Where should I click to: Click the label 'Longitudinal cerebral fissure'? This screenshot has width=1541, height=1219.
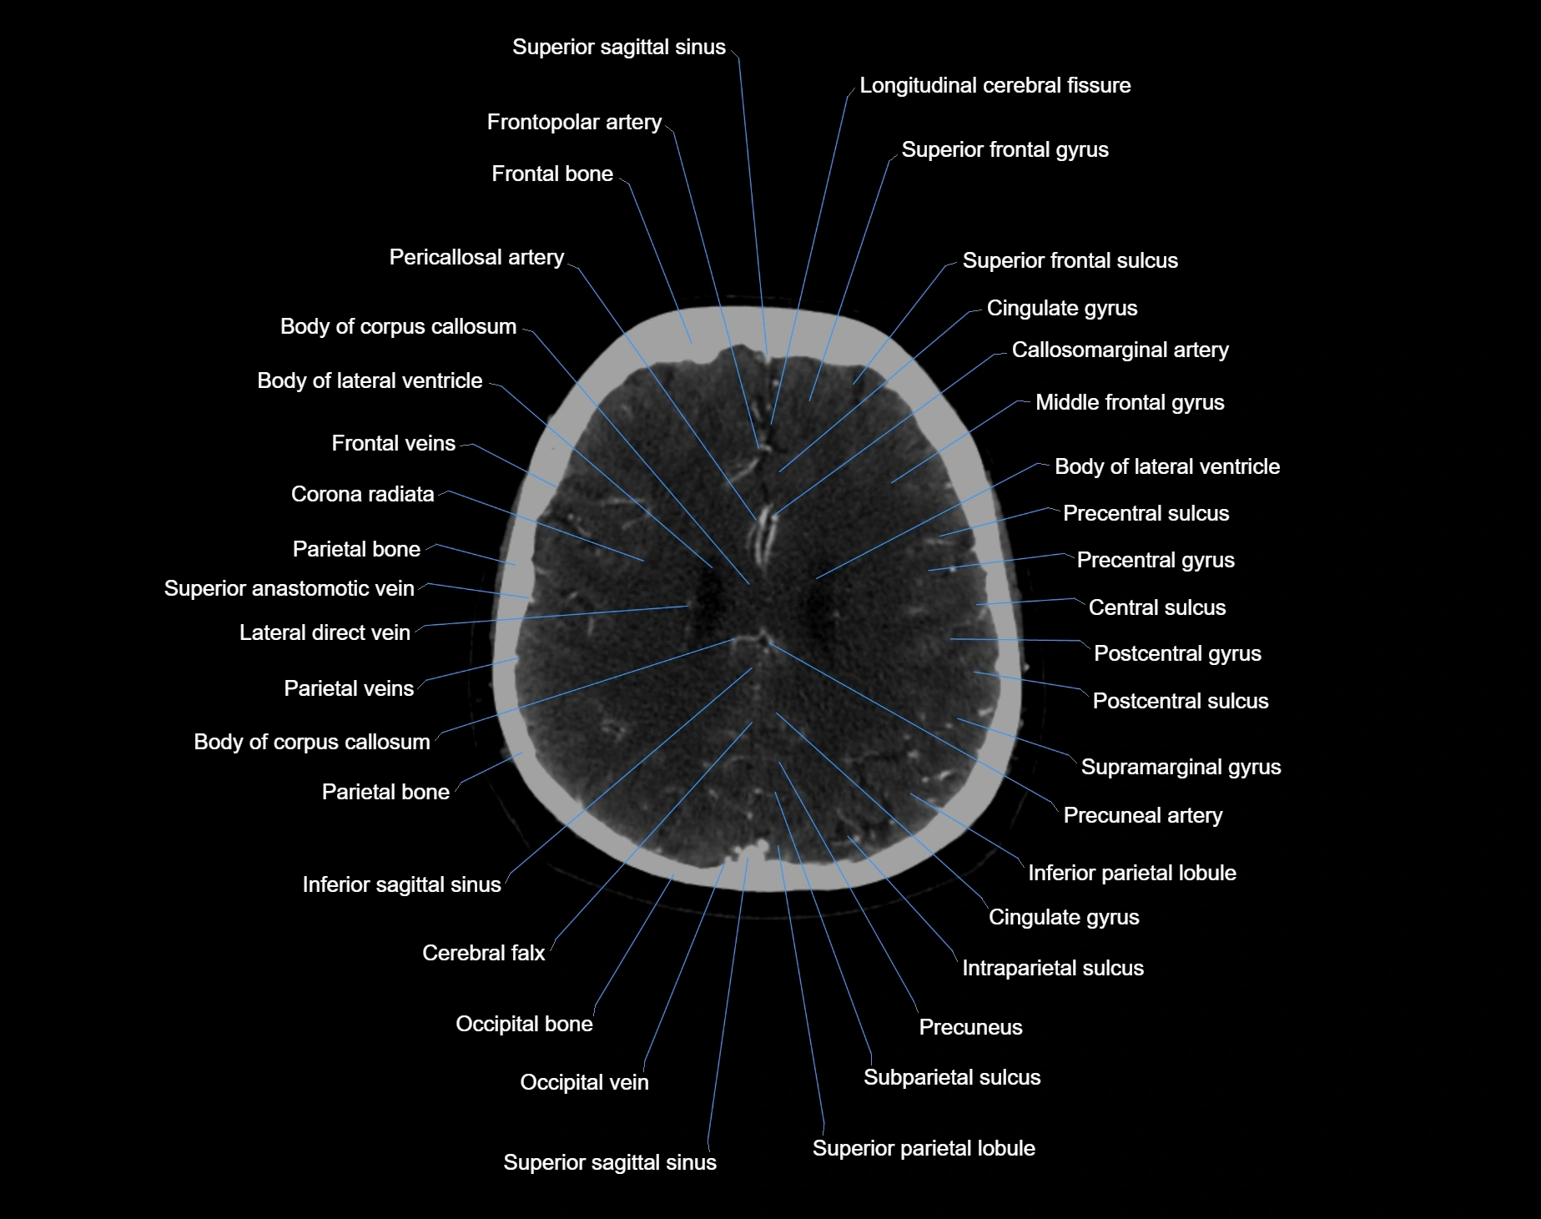click(x=995, y=86)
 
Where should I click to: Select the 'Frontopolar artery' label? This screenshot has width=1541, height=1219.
click(x=574, y=123)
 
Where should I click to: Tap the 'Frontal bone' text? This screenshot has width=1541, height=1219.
click(x=552, y=174)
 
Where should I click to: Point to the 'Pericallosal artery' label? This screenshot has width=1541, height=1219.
click(x=476, y=258)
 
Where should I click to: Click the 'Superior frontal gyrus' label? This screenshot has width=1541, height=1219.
click(x=1005, y=150)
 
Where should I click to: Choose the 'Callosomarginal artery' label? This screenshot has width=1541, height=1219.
click(x=1120, y=350)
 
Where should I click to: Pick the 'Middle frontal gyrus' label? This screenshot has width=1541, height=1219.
click(x=1130, y=403)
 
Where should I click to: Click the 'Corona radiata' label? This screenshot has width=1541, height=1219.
click(x=362, y=495)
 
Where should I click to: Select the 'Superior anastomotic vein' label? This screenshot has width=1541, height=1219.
click(x=289, y=589)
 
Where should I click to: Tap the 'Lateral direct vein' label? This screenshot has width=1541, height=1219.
click(x=325, y=633)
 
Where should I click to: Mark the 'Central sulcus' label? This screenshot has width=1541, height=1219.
click(x=1156, y=608)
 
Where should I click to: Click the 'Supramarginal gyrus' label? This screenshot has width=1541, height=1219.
click(x=1181, y=768)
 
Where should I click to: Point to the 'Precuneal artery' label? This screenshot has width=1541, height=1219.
click(x=1142, y=816)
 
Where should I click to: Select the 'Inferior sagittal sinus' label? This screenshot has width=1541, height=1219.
click(x=401, y=885)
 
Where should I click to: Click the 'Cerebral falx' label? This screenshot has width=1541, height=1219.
click(x=483, y=954)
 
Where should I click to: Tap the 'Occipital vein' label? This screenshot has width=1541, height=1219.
click(x=584, y=1083)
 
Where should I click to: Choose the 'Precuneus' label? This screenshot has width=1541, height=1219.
click(x=970, y=1028)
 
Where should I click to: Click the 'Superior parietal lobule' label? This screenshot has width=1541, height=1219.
click(x=924, y=1149)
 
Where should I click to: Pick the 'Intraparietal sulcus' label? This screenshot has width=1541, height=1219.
click(x=1052, y=969)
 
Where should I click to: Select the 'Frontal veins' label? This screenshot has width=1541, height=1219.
click(x=393, y=444)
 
